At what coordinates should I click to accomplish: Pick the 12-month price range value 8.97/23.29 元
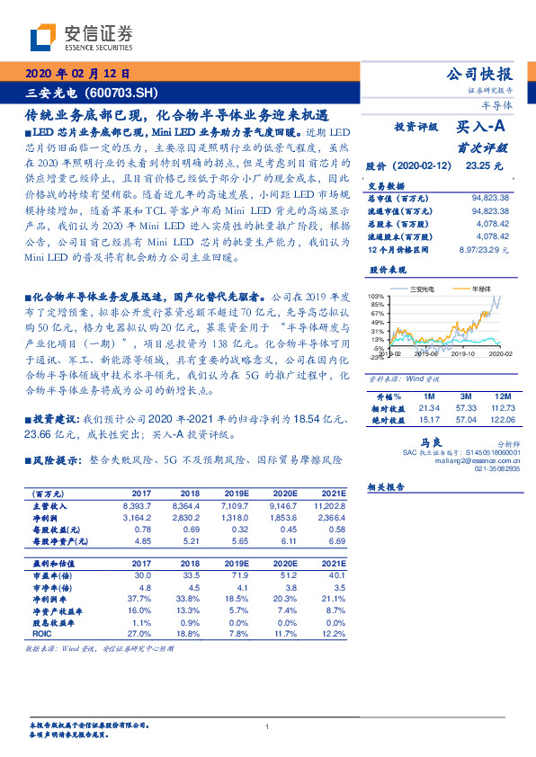[483, 249]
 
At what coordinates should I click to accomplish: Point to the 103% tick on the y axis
[376, 297]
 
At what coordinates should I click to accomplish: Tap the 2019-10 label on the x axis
[462, 356]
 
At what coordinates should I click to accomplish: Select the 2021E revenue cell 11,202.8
[327, 506]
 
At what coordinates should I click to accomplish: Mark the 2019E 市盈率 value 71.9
[237, 574]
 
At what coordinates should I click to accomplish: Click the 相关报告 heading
[388, 486]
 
